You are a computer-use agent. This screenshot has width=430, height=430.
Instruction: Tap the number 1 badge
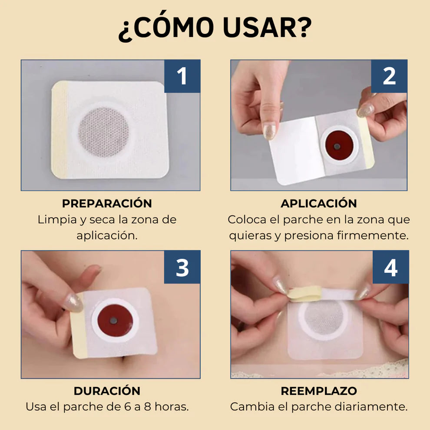click(182, 76)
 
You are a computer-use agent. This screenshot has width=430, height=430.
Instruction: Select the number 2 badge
click(389, 76)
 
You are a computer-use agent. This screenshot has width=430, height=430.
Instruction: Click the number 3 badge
click(182, 267)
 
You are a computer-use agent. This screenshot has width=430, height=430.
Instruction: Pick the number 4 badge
click(390, 267)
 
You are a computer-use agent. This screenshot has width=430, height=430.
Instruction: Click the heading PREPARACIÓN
click(107, 203)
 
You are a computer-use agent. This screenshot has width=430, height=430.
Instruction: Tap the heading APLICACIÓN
click(318, 203)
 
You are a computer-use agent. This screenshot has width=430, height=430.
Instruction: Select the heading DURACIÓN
click(107, 391)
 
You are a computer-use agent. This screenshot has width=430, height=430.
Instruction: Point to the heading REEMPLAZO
click(318, 391)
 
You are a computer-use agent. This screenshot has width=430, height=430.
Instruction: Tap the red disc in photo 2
click(337, 145)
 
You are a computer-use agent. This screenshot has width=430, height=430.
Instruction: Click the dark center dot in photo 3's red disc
click(114, 320)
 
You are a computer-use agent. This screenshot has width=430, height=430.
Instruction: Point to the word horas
click(172, 407)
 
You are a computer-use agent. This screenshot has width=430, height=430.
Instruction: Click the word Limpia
click(57, 219)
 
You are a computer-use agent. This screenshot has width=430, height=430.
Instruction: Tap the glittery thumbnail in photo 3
click(73, 302)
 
